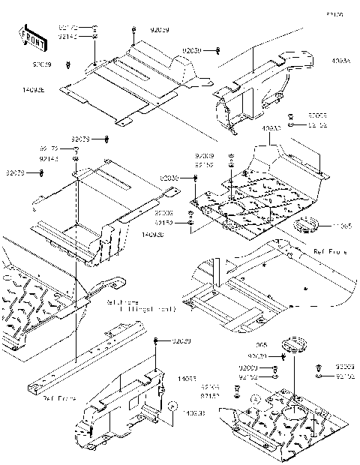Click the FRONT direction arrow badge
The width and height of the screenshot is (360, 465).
31,37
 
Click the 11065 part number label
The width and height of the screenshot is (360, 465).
342,225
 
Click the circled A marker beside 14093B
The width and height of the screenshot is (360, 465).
172,405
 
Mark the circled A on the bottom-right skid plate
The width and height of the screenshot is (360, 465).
255,400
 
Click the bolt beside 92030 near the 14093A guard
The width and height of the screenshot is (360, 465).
217,51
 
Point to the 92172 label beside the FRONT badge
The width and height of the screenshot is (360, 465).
68,28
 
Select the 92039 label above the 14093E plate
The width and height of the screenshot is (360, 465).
159,30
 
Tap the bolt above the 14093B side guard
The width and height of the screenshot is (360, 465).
156,342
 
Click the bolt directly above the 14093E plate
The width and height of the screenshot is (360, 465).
133,31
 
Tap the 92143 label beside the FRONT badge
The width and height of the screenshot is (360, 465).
68,36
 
